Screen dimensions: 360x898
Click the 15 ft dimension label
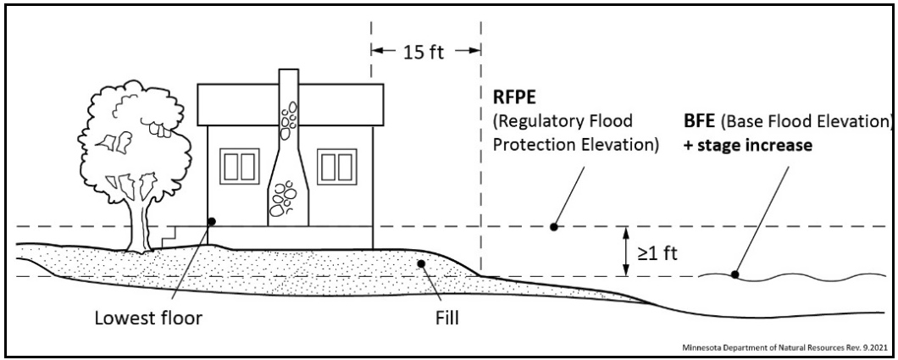(x=425, y=51)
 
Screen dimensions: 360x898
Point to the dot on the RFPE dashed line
(x=553, y=226)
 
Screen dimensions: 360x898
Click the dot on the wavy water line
(x=735, y=274)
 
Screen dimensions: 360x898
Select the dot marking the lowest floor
(x=211, y=221)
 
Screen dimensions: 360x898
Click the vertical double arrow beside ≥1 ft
(x=625, y=251)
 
